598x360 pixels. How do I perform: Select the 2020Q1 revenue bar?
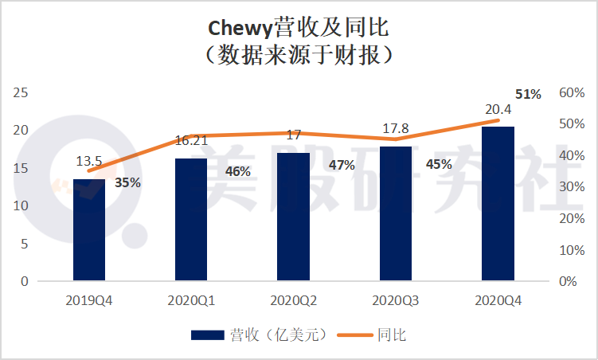pyautogui.click(x=191, y=219)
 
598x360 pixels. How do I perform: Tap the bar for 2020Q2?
pyautogui.click(x=294, y=216)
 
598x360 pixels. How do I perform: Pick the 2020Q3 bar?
pyautogui.click(x=396, y=213)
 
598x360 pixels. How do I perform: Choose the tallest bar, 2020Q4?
pyautogui.click(x=498, y=203)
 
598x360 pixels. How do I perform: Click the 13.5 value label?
pyautogui.click(x=89, y=162)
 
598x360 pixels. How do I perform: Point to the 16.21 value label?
pyautogui.click(x=191, y=141)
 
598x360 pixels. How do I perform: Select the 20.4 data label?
pyautogui.click(x=498, y=109)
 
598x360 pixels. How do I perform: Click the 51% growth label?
pyautogui.click(x=528, y=94)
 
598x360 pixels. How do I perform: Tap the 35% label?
pyautogui.click(x=127, y=182)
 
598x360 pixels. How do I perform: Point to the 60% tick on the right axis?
pyautogui.click(x=572, y=92)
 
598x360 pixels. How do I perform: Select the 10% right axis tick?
pyautogui.click(x=572, y=249)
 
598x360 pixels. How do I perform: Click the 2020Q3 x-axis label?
pyautogui.click(x=396, y=302)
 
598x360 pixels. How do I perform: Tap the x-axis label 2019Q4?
pyautogui.click(x=89, y=302)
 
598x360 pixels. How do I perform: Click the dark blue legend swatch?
pyautogui.click(x=208, y=335)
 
